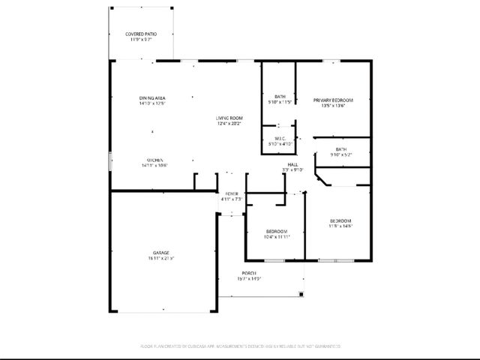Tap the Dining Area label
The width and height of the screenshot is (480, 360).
pyautogui.click(x=151, y=98)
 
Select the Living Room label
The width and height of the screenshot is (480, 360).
pyautogui.click(x=229, y=118)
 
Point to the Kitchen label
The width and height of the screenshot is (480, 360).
pyautogui.click(x=155, y=160)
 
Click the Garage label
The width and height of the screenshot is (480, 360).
pyautogui.click(x=161, y=253)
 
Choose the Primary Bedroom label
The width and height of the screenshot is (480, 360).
pyautogui.click(x=333, y=100)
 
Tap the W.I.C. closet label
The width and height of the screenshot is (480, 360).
pyautogui.click(x=279, y=139)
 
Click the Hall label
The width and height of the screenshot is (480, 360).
pyautogui.click(x=292, y=165)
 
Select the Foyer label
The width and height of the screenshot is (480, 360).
pyautogui.click(x=232, y=194)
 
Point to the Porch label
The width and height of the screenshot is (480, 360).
pyautogui.click(x=249, y=273)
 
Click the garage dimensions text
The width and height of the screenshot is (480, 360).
pyautogui.click(x=161, y=259)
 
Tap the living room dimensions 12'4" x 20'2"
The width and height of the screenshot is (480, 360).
pyautogui.click(x=229, y=124)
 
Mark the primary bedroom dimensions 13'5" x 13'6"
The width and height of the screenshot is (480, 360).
pyautogui.click(x=333, y=106)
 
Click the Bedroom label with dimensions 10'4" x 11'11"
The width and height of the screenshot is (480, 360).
pyautogui.click(x=277, y=231)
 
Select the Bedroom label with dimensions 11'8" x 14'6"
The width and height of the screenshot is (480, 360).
pyautogui.click(x=341, y=220)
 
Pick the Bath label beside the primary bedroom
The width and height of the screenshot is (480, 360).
pyautogui.click(x=280, y=96)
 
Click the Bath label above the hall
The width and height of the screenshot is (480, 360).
pyautogui.click(x=341, y=150)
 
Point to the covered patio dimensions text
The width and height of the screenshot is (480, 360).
pyautogui.click(x=142, y=40)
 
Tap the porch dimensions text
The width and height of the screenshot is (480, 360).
pyautogui.click(x=249, y=279)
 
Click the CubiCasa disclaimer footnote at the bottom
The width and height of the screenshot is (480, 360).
pyautogui.click(x=240, y=346)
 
